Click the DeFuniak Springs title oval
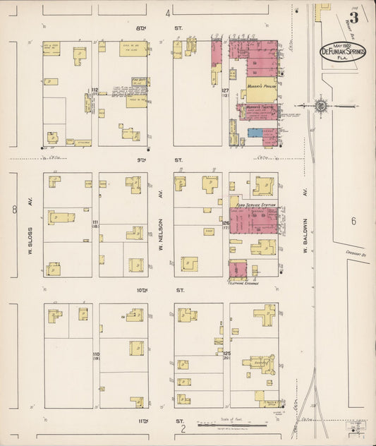coord(342,50)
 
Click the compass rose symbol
coord(321,106)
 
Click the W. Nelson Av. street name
coord(161,224)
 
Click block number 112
coord(94,90)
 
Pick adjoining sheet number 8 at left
coord(14,209)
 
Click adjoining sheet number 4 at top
coord(168,13)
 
